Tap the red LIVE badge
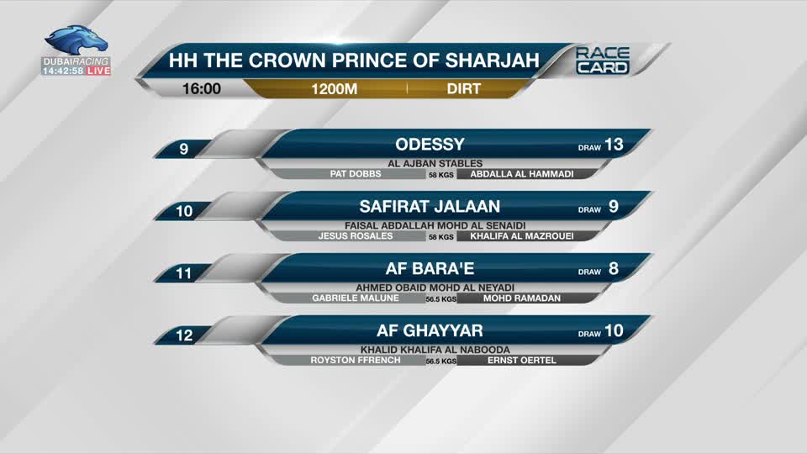click(98, 71)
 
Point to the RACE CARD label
click(602, 61)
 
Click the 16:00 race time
click(202, 88)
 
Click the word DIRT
click(464, 88)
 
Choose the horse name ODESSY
click(430, 145)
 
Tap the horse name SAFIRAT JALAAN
click(430, 206)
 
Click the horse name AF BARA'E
click(430, 269)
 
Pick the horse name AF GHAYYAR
click(430, 331)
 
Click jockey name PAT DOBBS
click(356, 174)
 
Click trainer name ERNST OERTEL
click(521, 360)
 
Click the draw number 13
click(614, 145)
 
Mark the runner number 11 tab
click(184, 273)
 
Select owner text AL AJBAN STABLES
click(430, 163)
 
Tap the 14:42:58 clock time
click(62, 71)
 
